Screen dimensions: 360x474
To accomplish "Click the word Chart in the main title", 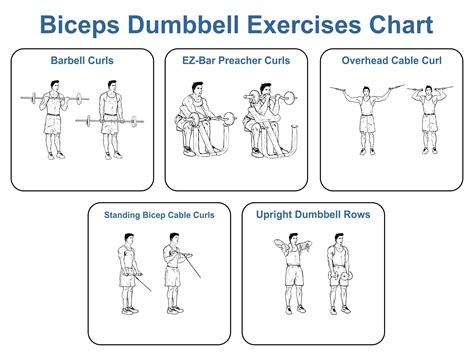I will click(397, 23).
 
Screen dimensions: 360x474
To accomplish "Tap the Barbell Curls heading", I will click(82, 61).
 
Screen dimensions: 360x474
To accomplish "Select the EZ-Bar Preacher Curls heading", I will click(236, 61).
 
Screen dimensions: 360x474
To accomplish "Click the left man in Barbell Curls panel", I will click(54, 124).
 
